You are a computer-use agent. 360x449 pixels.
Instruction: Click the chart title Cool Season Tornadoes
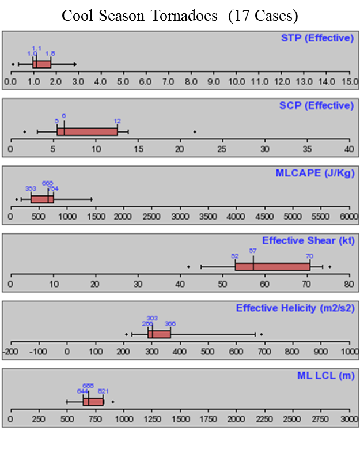pos(180,15)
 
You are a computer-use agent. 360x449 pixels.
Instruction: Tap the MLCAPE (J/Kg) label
pos(320,173)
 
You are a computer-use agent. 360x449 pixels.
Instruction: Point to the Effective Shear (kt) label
pos(308,241)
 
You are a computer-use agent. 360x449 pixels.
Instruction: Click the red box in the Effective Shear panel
pos(272,266)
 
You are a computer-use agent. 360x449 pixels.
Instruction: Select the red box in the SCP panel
pos(87,131)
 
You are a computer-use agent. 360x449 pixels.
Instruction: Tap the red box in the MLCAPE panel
pos(42,199)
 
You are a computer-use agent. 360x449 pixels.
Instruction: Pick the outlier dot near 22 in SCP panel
pos(195,131)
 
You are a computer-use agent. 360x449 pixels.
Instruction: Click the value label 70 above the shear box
pos(310,256)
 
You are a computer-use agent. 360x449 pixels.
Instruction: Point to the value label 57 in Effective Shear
pos(253,251)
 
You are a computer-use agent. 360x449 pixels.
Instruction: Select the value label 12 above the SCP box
pos(118,122)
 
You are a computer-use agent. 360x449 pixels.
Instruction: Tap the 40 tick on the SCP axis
pos(349,150)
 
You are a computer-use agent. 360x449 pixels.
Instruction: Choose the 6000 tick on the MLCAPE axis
pos(348,217)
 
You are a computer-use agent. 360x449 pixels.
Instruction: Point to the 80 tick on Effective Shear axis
pos(349,284)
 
